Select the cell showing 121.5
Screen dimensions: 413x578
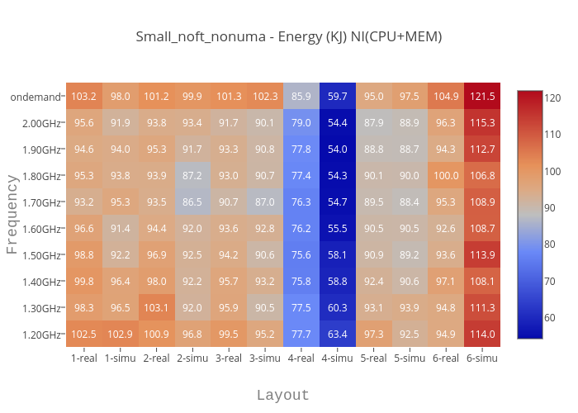pos(481,97)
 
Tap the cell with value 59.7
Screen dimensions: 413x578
pos(337,97)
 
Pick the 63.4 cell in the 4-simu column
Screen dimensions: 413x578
pos(337,335)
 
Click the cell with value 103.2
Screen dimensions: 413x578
pos(84,97)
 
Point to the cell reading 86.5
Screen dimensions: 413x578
pos(192,202)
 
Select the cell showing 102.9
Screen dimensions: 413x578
pos(121,335)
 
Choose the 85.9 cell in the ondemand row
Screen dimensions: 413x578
pos(301,97)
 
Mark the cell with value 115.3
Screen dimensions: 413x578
pos(481,123)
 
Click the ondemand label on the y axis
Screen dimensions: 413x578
pos(36,97)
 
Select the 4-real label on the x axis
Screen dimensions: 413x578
pos(301,358)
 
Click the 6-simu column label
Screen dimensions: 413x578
pos(481,358)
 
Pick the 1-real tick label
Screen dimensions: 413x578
pos(84,358)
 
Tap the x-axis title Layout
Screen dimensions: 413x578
pos(282,395)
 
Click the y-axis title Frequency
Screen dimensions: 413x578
pos(12,215)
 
